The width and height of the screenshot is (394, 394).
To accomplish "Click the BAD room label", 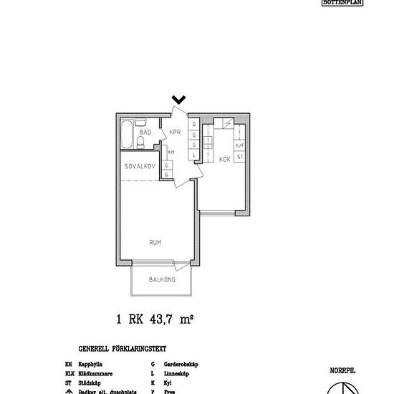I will click(144, 133).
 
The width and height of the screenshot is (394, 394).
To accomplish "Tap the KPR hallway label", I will click(175, 132).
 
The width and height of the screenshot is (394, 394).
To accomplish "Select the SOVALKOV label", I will click(140, 165).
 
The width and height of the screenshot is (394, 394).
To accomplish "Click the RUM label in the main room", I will click(155, 243).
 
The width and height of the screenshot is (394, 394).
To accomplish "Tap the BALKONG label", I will click(162, 280).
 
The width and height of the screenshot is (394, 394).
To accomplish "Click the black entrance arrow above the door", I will click(179, 100).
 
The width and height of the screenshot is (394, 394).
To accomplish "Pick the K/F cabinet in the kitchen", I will click(240, 145).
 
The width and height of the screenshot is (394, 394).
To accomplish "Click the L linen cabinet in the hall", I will click(194, 155).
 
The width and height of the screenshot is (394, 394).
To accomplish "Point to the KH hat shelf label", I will click(171, 153).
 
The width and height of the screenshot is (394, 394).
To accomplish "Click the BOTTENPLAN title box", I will click(342, 3).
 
